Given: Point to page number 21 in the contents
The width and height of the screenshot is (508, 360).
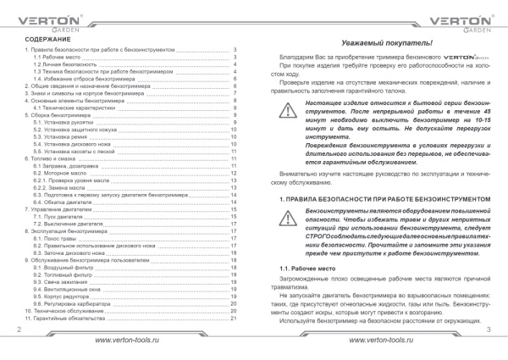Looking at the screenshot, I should [x=234, y=318].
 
